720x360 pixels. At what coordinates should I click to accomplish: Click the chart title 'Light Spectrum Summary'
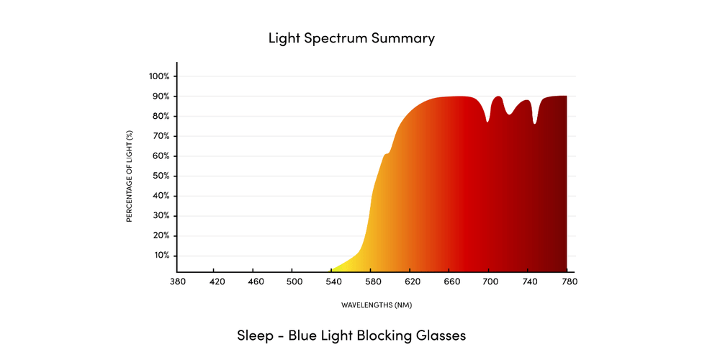(x=351, y=38)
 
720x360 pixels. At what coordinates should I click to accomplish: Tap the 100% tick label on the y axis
(x=159, y=76)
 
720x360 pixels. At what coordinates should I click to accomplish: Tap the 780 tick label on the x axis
(x=567, y=281)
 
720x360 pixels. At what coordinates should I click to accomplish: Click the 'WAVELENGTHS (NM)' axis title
(x=377, y=305)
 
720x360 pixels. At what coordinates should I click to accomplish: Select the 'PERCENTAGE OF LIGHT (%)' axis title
(x=130, y=176)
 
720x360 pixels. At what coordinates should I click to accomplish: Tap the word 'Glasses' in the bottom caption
(x=440, y=336)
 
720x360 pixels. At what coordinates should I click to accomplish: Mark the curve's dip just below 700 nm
(x=487, y=122)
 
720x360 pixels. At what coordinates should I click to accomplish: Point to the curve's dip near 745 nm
(x=534, y=123)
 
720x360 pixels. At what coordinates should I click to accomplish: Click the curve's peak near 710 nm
(x=498, y=96)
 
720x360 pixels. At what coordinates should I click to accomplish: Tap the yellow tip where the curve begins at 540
(x=333, y=269)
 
